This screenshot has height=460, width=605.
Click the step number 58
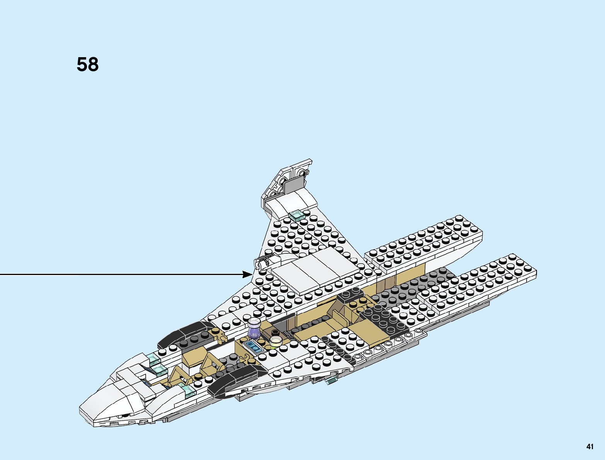88,65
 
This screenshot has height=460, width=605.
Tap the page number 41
590,447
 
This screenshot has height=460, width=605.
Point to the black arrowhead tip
252,274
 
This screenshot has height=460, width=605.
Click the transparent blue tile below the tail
297,216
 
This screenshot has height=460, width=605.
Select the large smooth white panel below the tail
313,270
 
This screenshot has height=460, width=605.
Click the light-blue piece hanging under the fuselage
331,381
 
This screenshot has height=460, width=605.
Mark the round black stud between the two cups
275,333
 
